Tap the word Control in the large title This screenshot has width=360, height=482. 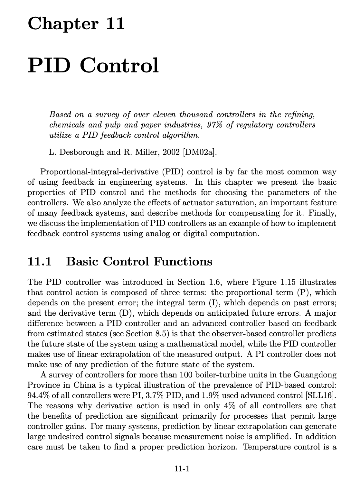pyautogui.click(x=119, y=65)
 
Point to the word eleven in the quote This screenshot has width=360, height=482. pyautogui.click(x=164, y=115)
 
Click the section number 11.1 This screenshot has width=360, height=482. pyautogui.click(x=40, y=261)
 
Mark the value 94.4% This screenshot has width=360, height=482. pyautogui.click(x=38, y=395)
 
